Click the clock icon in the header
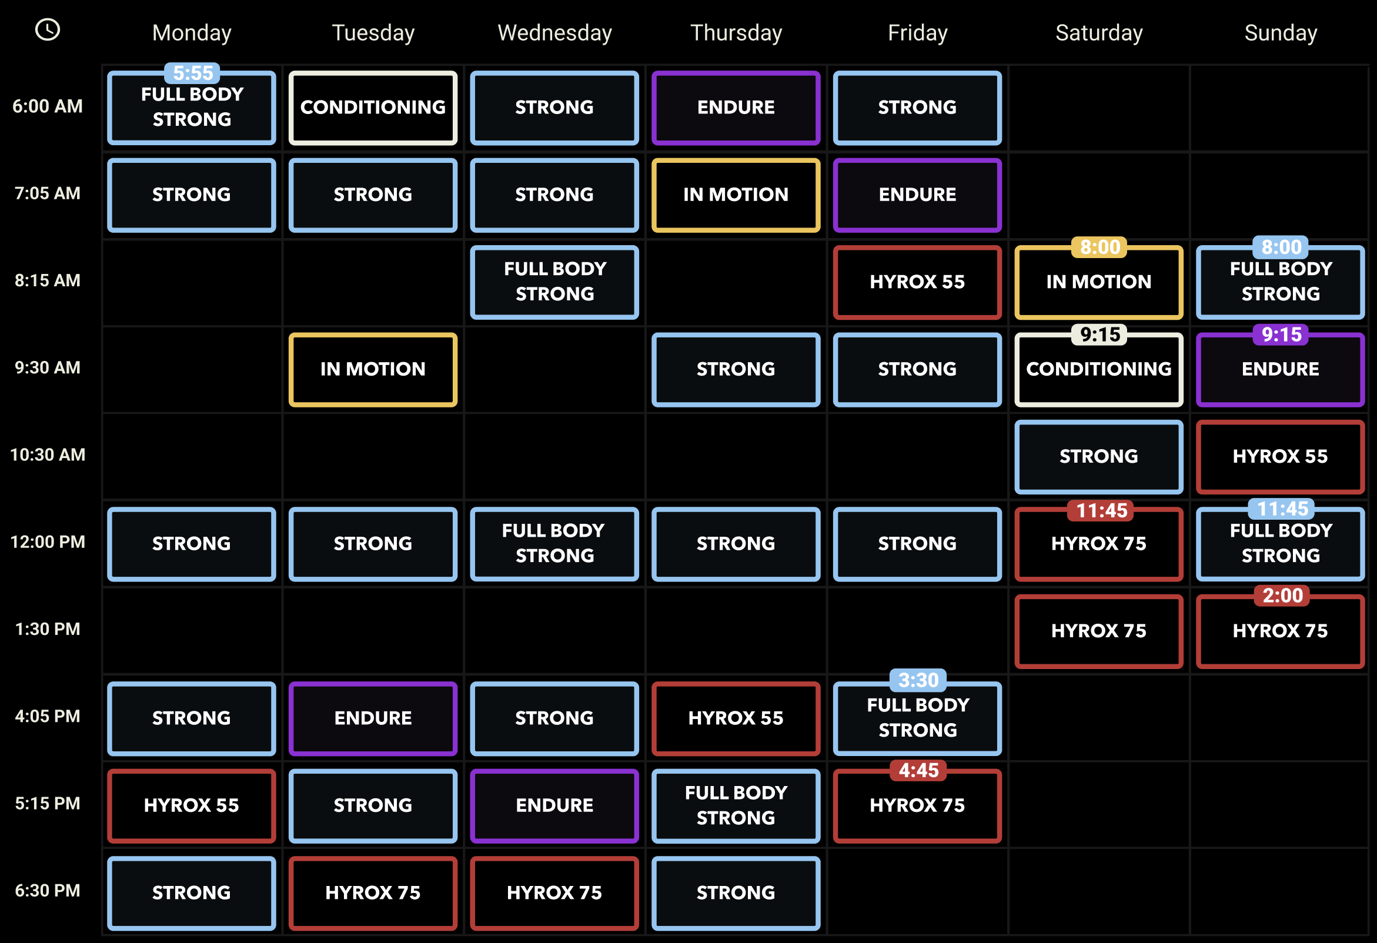click(48, 29)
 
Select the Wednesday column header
click(554, 33)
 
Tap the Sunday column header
click(1281, 33)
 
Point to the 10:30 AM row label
click(48, 455)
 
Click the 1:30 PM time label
click(48, 629)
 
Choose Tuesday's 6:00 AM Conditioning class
click(373, 108)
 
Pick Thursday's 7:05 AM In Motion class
click(736, 195)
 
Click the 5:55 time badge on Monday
click(193, 73)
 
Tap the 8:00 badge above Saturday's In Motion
click(1099, 247)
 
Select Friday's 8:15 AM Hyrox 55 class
click(917, 283)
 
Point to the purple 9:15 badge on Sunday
click(1281, 335)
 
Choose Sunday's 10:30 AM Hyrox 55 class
click(1280, 457)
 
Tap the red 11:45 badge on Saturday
click(1101, 510)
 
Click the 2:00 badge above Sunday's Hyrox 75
click(1282, 596)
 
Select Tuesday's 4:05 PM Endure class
click(373, 718)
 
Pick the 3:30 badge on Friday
click(918, 680)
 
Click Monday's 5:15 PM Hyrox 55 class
click(192, 805)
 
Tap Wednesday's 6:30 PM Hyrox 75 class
click(554, 892)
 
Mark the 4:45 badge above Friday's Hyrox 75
click(918, 770)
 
